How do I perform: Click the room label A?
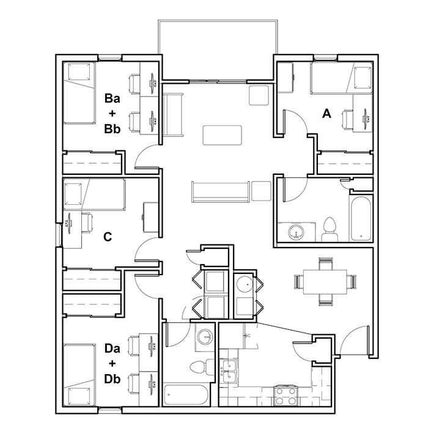326,114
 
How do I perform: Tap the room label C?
108,237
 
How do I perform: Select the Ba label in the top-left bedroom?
112,98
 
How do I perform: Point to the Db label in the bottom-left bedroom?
112,378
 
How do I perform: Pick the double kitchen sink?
229,371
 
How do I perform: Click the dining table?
325,282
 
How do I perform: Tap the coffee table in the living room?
223,135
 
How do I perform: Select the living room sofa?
221,191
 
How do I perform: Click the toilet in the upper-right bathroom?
329,229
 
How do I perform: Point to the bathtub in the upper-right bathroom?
361,219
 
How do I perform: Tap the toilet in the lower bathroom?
201,367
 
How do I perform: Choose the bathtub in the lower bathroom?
185,394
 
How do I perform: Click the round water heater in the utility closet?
245,284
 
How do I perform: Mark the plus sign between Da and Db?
112,364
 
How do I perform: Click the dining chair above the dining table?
325,264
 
